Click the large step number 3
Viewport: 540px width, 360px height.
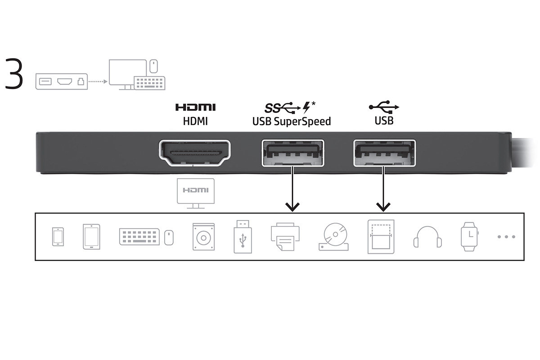pyautogui.click(x=14, y=73)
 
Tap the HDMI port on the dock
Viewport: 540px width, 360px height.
pyautogui.click(x=194, y=153)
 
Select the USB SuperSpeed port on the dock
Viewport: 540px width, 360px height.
pyautogui.click(x=292, y=153)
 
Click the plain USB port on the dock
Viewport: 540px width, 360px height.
pyautogui.click(x=384, y=153)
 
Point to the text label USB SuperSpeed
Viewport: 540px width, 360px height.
pyautogui.click(x=292, y=121)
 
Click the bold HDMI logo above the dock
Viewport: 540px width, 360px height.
pyautogui.click(x=195, y=107)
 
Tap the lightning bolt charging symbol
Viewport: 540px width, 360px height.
pyautogui.click(x=306, y=107)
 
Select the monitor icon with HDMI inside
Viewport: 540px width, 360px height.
pyautogui.click(x=196, y=193)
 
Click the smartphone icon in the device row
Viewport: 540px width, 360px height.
pyautogui.click(x=58, y=237)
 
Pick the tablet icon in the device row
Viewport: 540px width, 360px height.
pyautogui.click(x=92, y=237)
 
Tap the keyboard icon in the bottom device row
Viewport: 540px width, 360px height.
pyautogui.click(x=139, y=237)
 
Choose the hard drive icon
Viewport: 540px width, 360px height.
pyautogui.click(x=204, y=237)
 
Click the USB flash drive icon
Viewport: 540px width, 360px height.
pyautogui.click(x=243, y=237)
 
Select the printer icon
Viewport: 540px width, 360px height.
pyautogui.click(x=285, y=237)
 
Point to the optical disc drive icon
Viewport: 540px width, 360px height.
pyautogui.click(x=333, y=237)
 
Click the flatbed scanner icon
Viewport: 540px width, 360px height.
pyautogui.click(x=381, y=237)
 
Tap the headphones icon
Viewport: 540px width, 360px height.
pyautogui.click(x=427, y=237)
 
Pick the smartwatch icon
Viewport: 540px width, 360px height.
pyautogui.click(x=469, y=237)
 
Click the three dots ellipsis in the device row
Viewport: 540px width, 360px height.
pyautogui.click(x=507, y=237)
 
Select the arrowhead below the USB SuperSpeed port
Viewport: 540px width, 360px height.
pyautogui.click(x=292, y=207)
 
